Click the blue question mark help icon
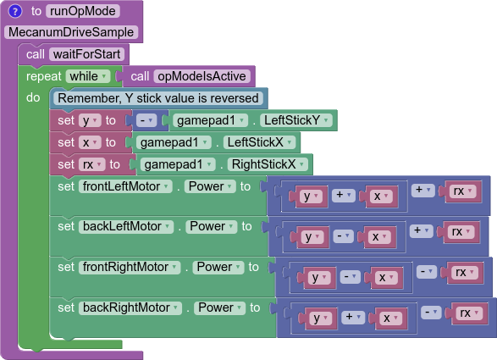click(x=15, y=11)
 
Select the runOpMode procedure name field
click(x=83, y=11)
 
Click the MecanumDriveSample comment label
click(x=71, y=32)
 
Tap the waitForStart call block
click(x=74, y=54)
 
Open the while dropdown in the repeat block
click(x=88, y=76)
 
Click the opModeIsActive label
click(x=202, y=76)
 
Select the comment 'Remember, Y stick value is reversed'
click(x=158, y=98)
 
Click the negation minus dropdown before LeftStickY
click(x=146, y=120)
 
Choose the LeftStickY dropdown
click(x=296, y=120)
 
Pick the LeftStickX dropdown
click(x=259, y=142)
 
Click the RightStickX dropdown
click(x=268, y=164)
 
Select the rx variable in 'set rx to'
click(x=92, y=164)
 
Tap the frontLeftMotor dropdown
click(x=125, y=186)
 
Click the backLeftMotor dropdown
click(x=126, y=226)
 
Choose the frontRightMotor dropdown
click(x=130, y=267)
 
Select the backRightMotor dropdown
click(x=130, y=307)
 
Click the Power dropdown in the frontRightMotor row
click(x=218, y=267)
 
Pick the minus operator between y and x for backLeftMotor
click(x=343, y=236)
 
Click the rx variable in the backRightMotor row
click(x=469, y=313)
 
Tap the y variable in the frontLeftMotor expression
click(x=311, y=197)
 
